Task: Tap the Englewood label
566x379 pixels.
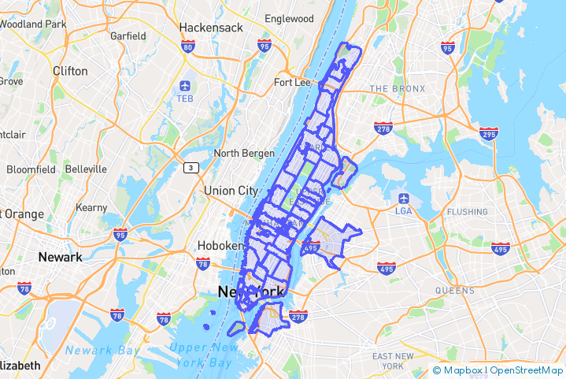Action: coord(289,18)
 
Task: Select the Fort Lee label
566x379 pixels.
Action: coord(292,83)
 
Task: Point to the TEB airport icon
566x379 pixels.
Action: coord(185,85)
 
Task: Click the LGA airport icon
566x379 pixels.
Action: coord(404,197)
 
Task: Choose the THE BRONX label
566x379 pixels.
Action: coord(397,88)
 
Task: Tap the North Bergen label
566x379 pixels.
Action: coord(244,153)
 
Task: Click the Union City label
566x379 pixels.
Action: coord(231,191)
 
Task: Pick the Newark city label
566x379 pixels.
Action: coord(60,258)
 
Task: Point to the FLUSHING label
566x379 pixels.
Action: coord(468,212)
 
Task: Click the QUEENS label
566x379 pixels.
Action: coord(454,290)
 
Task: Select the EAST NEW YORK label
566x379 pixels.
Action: coord(394,361)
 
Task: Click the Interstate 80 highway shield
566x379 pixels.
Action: coord(187,47)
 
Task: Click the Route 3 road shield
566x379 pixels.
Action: coord(190,168)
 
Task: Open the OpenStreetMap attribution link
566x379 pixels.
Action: coord(527,370)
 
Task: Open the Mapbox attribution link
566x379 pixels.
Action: coord(463,370)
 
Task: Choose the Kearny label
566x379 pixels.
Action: coord(91,207)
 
